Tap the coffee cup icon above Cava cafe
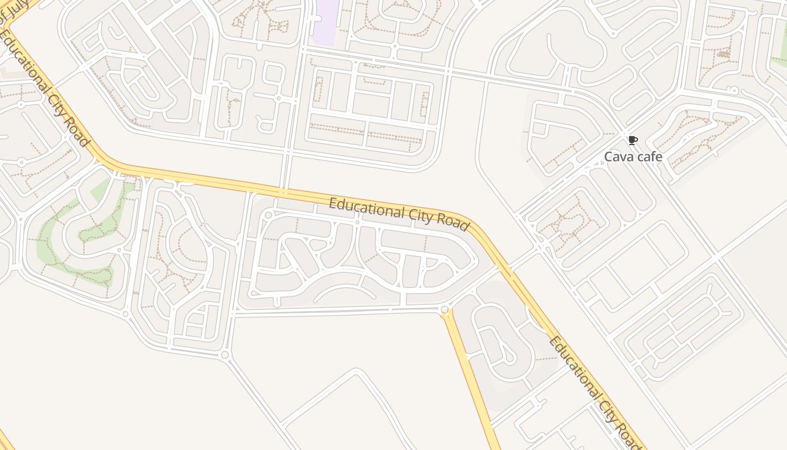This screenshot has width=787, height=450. point(632,141)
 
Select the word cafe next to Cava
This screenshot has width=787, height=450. point(650,157)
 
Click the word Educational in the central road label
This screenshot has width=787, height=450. point(361,208)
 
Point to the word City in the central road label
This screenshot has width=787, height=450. point(415,215)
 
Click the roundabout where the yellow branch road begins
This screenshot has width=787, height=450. point(445,309)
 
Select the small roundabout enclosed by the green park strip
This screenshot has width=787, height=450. point(119,250)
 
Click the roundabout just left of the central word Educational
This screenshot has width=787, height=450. point(268,215)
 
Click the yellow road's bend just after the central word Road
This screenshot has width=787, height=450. point(478,228)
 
